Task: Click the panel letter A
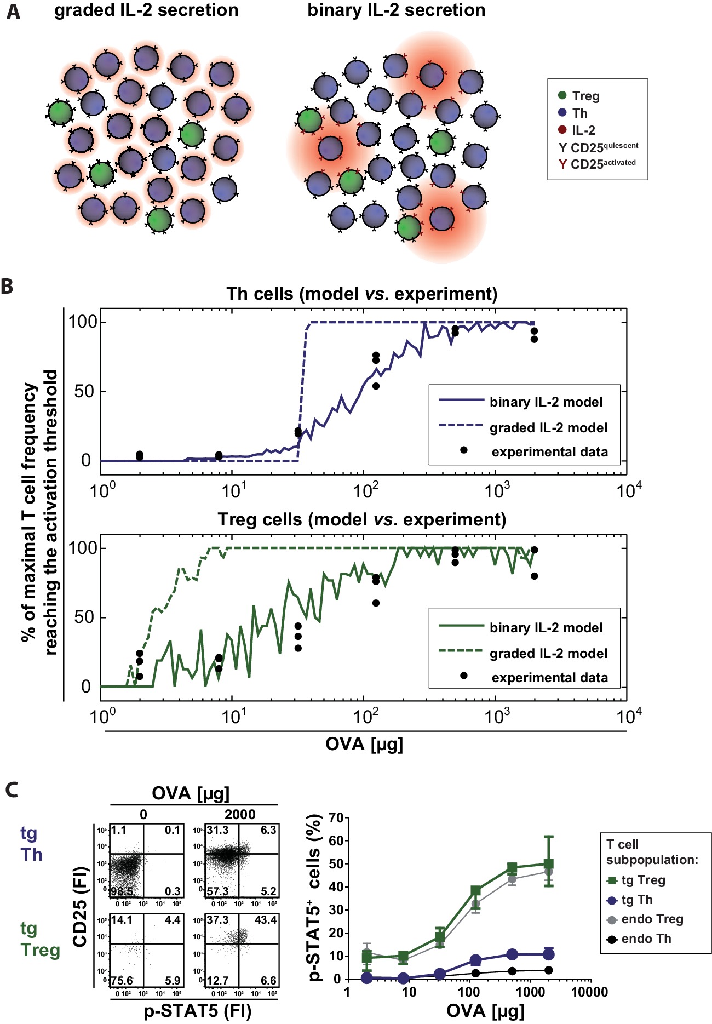click(13, 12)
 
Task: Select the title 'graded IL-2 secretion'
click(146, 10)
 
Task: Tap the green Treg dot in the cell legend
click(562, 95)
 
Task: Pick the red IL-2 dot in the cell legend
click(562, 130)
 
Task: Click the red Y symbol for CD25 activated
click(562, 164)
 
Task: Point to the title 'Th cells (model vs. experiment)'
click(361, 294)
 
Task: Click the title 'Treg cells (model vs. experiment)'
click(361, 519)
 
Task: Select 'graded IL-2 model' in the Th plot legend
click(548, 428)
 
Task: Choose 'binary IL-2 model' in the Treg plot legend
click(546, 628)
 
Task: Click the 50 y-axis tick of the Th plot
click(84, 392)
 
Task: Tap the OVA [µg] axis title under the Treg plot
click(364, 744)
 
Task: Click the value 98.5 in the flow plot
click(122, 891)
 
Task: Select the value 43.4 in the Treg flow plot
click(266, 920)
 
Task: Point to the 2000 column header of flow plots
click(240, 814)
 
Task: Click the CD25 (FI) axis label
click(81, 907)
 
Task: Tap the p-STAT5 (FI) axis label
click(197, 1011)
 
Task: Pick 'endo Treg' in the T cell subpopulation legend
click(652, 919)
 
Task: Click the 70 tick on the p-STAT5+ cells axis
click(336, 819)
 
